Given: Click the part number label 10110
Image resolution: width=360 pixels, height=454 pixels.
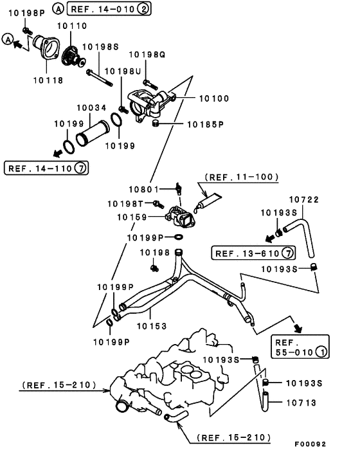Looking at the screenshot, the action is (x=72, y=26).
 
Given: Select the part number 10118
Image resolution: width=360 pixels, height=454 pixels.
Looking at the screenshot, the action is (x=48, y=80).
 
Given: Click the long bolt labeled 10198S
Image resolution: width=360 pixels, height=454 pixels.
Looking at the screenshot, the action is (x=99, y=78).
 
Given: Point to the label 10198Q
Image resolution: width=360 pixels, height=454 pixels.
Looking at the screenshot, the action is (x=147, y=55).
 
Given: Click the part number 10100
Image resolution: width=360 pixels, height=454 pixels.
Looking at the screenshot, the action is (x=214, y=98).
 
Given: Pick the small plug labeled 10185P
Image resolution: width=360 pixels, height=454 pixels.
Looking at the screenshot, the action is (x=156, y=123).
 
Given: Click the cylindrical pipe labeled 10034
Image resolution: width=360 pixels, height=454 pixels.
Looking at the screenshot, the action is (x=92, y=134).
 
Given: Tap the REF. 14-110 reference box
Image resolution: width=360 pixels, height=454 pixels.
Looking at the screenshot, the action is (x=46, y=168).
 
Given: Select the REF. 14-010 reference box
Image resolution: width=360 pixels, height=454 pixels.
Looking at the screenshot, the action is (x=109, y=9).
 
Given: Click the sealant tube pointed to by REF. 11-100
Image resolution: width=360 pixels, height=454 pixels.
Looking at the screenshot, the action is (x=207, y=202).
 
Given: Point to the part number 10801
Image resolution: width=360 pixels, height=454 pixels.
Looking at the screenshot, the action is (x=144, y=189).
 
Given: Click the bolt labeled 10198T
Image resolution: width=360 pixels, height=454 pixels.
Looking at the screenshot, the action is (x=159, y=204).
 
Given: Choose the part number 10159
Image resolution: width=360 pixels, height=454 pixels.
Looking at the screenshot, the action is (x=132, y=217).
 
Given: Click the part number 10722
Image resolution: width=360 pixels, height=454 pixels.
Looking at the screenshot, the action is (x=304, y=199).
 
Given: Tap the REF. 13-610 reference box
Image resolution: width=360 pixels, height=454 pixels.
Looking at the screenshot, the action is (x=253, y=253).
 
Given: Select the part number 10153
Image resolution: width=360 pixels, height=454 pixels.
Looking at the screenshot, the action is (x=152, y=326).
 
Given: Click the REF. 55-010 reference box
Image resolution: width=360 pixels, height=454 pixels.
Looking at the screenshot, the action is (x=300, y=347).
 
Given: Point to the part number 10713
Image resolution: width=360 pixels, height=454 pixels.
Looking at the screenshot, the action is (x=301, y=403).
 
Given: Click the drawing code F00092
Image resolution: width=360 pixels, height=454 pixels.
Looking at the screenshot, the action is (x=310, y=444).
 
